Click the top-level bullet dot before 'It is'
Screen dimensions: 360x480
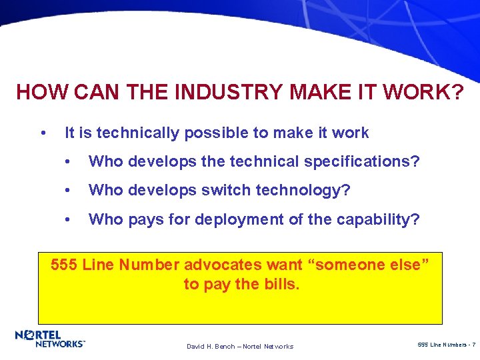coord(43,133)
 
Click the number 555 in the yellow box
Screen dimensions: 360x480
coord(65,265)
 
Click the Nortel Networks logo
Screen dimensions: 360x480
coord(50,339)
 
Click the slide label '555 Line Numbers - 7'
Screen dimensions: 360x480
coord(445,344)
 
